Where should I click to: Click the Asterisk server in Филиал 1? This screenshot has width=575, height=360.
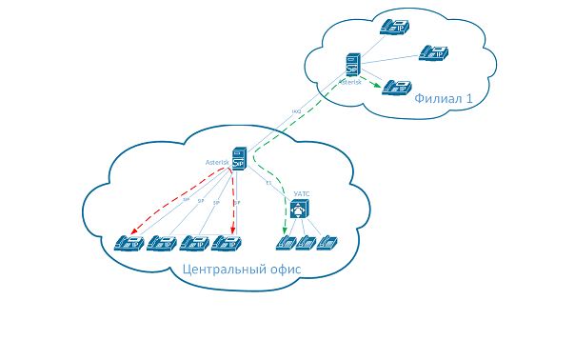coord(353,65)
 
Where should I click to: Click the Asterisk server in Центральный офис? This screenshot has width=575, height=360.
coord(239,160)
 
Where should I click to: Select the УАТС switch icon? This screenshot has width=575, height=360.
coord(300,208)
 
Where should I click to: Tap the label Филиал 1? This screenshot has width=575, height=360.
coord(444,98)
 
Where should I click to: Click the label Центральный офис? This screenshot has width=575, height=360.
coord(241,270)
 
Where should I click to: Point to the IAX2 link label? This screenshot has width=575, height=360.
coord(296,112)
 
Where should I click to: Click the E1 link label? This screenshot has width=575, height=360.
coord(268,183)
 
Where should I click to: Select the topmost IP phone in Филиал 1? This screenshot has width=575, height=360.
coord(392,27)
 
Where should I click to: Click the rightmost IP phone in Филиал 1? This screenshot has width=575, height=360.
coord(433,52)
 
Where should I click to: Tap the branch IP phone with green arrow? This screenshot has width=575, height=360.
coord(397,87)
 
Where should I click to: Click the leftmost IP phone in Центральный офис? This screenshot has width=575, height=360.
coord(129,243)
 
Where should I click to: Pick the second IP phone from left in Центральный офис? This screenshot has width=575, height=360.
coord(161,243)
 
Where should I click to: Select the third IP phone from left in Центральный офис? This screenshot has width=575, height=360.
coord(193,243)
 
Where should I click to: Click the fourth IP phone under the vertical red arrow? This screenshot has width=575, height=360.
coord(226,243)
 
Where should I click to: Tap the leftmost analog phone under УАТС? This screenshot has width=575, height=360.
coord(285,242)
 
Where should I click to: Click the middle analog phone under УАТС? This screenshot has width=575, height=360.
coord(306,242)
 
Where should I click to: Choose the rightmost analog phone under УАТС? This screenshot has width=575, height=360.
coord(327,242)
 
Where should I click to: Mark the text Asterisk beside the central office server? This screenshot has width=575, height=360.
coord(217,162)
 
